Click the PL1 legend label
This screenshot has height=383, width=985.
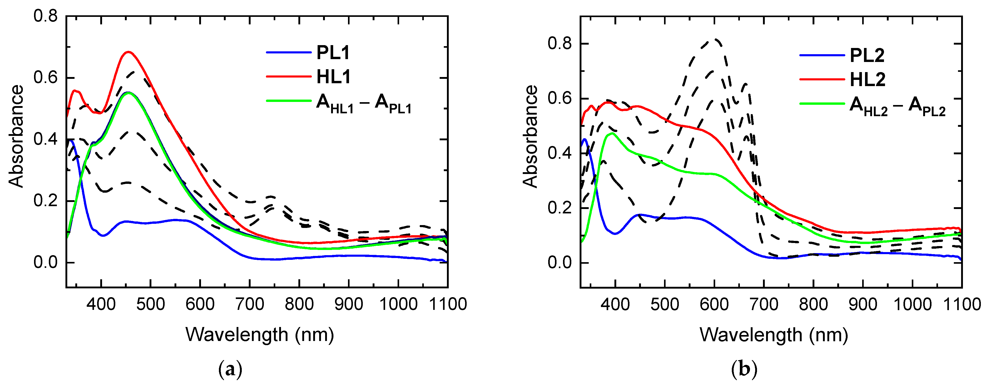click(x=333, y=53)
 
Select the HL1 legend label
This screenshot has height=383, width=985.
click(x=333, y=77)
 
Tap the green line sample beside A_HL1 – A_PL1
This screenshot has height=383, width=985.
click(x=289, y=101)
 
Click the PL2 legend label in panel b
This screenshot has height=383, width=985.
click(x=867, y=56)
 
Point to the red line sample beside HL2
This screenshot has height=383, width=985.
click(x=822, y=79)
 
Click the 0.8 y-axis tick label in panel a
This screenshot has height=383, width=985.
click(x=45, y=16)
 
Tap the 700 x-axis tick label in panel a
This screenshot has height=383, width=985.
click(x=250, y=304)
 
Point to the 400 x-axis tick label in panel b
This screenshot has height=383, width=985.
click(x=615, y=305)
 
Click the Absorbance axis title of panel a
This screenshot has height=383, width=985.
click(x=16, y=136)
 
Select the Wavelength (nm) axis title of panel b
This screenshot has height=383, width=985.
click(x=774, y=335)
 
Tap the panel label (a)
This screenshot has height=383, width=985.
click(x=230, y=369)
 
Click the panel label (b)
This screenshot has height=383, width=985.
click(x=744, y=369)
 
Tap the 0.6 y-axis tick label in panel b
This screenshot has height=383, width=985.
click(x=559, y=99)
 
